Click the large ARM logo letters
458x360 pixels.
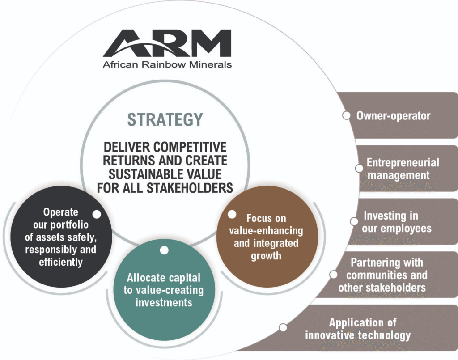[x=167, y=43]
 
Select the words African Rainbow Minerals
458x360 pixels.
[x=167, y=64]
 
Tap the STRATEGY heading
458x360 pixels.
[x=165, y=119]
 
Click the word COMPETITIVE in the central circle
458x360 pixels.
[x=190, y=147]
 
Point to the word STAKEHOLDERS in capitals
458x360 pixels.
[x=190, y=188]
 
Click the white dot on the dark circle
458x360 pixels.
[x=97, y=214]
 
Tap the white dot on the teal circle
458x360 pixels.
[x=164, y=250]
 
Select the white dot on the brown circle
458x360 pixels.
[x=232, y=214]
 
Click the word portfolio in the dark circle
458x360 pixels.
[x=69, y=225]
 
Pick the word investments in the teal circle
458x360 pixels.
[x=164, y=302]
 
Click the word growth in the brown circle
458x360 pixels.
[x=266, y=256]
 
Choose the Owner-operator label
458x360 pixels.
[x=394, y=116]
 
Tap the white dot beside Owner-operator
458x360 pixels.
[x=347, y=116]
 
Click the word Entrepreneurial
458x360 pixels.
[x=403, y=163]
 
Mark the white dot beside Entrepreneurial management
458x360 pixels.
[x=359, y=169]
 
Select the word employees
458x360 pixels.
[x=407, y=229]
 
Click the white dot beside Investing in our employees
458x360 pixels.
[x=354, y=222]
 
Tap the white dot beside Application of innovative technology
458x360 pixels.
[x=283, y=328]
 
